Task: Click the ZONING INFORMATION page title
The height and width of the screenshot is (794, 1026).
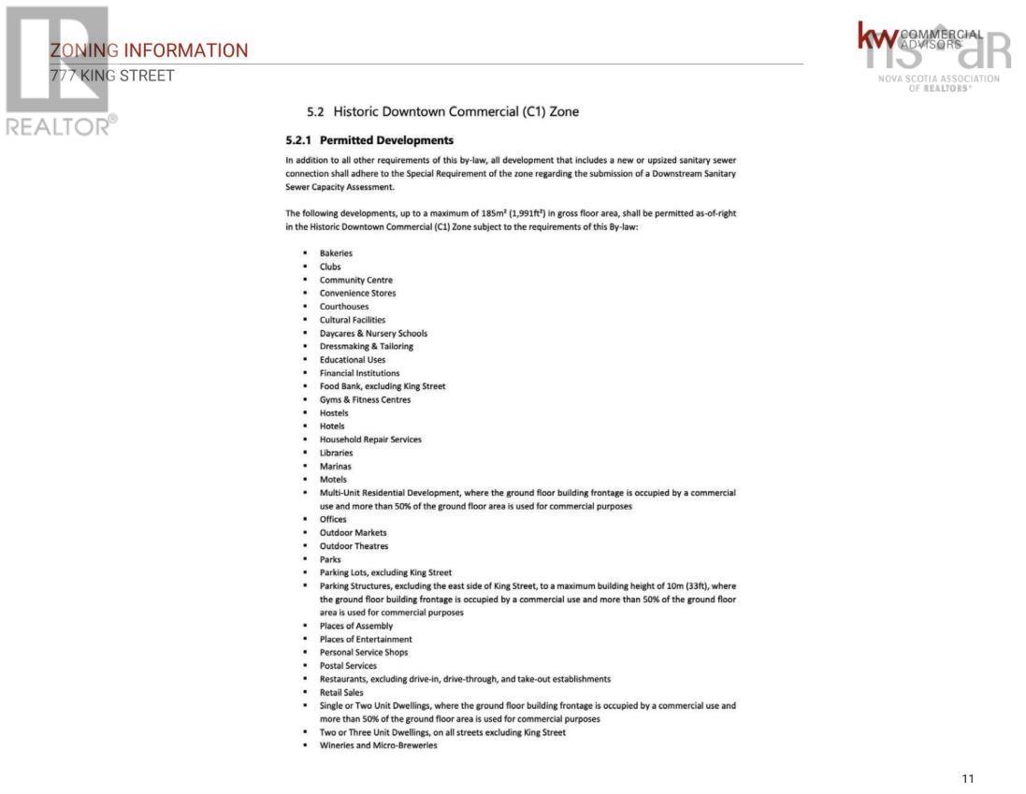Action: pos(150,51)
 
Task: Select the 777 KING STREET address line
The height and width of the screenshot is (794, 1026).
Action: pos(112,76)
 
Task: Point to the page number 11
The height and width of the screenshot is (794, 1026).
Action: pos(967,778)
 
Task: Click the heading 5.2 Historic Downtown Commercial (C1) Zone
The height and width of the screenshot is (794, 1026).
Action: pos(443,112)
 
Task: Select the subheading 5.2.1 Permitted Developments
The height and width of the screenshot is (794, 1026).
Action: pos(369,140)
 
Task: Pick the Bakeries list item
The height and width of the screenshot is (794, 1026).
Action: pos(336,253)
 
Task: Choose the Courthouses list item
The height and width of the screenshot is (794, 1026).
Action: pos(344,307)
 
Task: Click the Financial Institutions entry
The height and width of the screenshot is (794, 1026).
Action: pos(359,373)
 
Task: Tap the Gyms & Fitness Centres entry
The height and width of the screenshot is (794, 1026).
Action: pos(365,399)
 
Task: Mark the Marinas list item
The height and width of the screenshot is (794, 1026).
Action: pos(336,466)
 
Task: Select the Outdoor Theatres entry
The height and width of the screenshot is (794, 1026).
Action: pos(354,546)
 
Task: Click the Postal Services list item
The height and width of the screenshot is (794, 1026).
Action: pos(348,666)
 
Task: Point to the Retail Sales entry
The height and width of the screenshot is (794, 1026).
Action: pos(341,693)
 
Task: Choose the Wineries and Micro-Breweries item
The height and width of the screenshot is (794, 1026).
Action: pos(378,745)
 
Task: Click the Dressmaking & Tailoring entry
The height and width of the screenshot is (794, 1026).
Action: pos(366,346)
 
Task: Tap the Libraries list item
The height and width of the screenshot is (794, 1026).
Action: pos(337,453)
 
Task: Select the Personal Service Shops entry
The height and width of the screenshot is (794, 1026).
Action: pos(364,653)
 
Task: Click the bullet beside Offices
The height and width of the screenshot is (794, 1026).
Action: pos(306,520)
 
